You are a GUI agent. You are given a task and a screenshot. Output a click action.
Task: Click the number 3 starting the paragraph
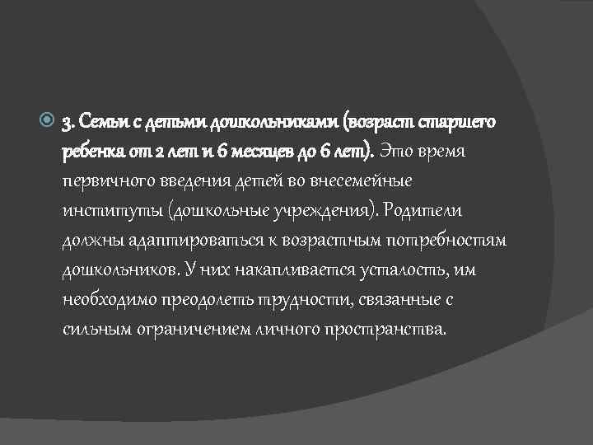click(x=67, y=124)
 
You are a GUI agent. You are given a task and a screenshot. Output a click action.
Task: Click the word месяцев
click(x=259, y=152)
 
